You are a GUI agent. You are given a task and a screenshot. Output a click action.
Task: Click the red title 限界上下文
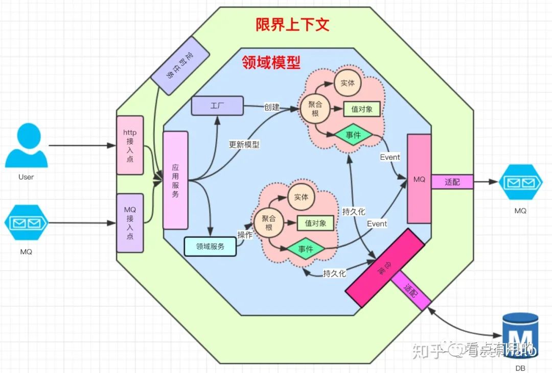[292, 24]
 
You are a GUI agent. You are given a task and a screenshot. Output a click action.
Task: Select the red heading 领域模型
[270, 63]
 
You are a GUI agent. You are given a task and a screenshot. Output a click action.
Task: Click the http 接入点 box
[130, 145]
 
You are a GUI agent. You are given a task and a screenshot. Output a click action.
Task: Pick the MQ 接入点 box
[130, 223]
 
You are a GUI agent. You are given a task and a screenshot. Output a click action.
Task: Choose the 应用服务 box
[175, 180]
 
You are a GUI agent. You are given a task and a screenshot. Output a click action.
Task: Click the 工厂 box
[217, 106]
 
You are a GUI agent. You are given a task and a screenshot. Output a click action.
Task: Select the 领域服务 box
[210, 246]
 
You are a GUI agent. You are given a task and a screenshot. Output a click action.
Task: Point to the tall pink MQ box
[419, 179]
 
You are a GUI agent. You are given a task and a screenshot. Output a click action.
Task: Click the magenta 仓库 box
[385, 268]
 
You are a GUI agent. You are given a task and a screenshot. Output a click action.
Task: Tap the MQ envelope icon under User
[26, 223]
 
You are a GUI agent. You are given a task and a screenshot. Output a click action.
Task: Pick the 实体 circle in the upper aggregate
[347, 82]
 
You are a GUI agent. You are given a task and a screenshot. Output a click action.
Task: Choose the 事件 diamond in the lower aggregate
[305, 249]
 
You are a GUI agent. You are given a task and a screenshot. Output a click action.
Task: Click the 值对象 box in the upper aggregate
[361, 109]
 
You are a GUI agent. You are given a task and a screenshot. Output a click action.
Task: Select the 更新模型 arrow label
[244, 144]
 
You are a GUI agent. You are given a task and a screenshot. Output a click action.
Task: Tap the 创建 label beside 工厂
[271, 107]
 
